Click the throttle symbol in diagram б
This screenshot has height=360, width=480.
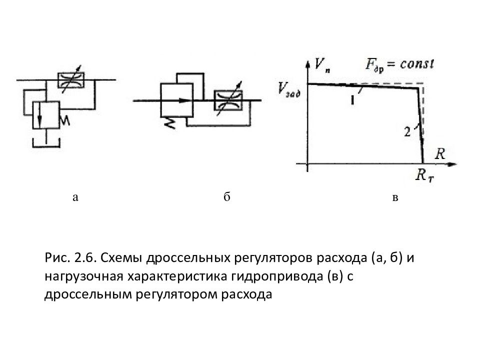click(227, 100)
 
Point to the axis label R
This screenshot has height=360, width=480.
click(440, 153)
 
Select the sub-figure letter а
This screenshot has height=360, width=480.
click(75, 197)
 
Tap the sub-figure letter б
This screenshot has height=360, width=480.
click(226, 197)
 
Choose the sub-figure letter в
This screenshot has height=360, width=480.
click(395, 198)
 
